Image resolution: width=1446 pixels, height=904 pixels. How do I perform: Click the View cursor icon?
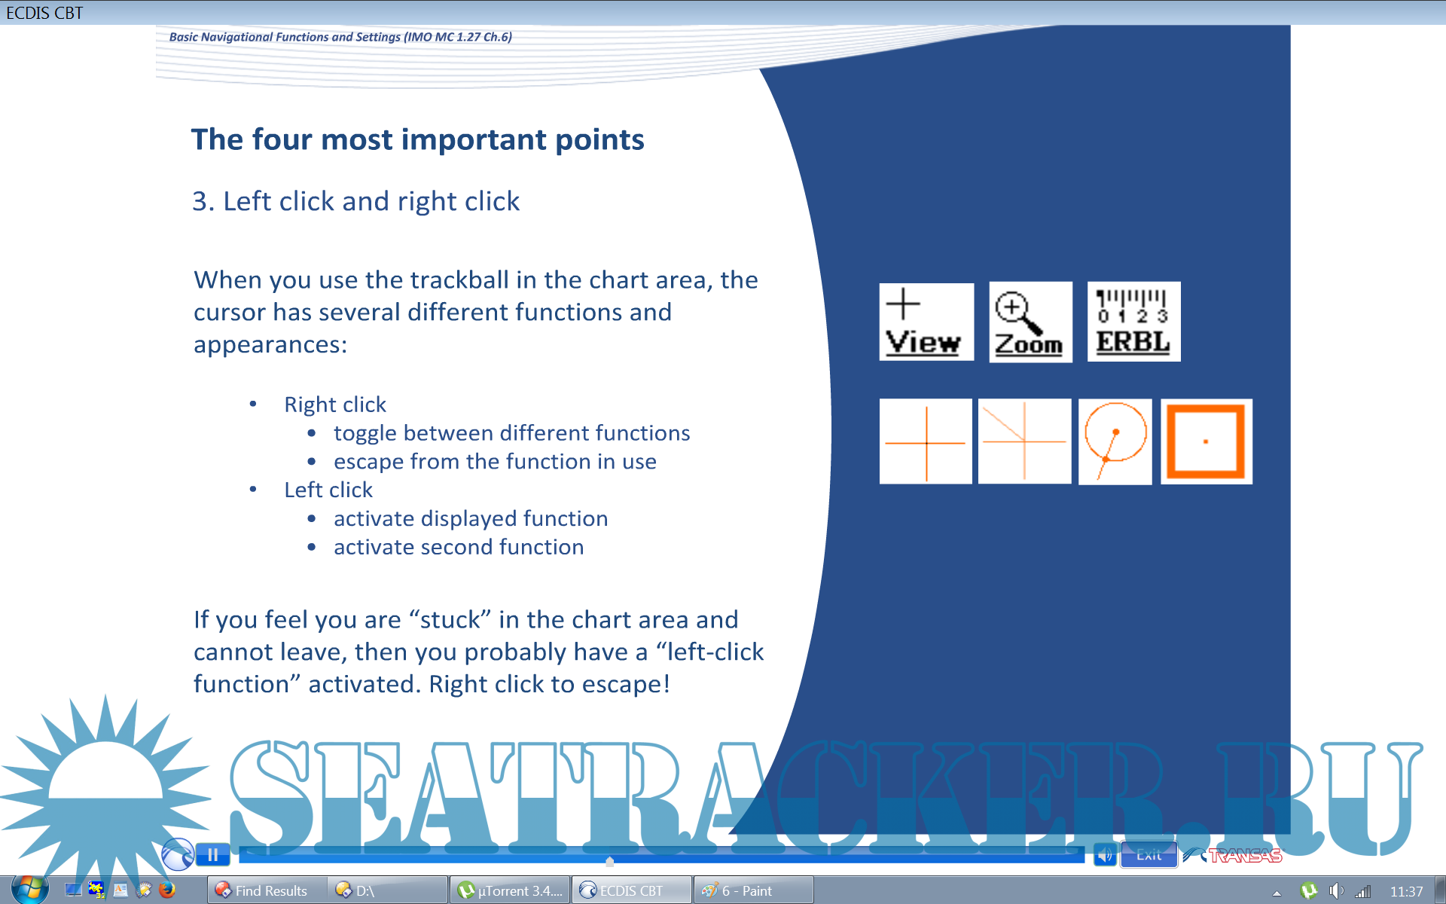click(x=926, y=322)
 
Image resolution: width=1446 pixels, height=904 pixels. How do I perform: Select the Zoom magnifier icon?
click(x=1030, y=322)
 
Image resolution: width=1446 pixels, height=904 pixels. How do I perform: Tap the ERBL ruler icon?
click(x=1133, y=322)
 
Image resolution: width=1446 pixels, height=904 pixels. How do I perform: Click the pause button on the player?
click(x=213, y=854)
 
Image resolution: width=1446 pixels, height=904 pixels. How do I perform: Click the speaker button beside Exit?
click(x=1105, y=854)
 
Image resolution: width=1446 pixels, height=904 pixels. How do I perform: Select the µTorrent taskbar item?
click(x=510, y=890)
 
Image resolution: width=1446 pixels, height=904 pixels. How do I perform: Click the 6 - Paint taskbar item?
click(x=753, y=890)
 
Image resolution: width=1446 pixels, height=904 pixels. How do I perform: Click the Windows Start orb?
click(x=30, y=890)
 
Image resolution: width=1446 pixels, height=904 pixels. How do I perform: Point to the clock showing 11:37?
click(x=1406, y=891)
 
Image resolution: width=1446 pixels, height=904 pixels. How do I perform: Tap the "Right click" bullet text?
click(x=335, y=405)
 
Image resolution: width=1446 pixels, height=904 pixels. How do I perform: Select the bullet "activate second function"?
click(x=459, y=547)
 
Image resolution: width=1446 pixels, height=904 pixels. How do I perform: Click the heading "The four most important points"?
click(x=418, y=139)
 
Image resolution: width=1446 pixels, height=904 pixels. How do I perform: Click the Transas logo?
click(x=1233, y=855)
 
